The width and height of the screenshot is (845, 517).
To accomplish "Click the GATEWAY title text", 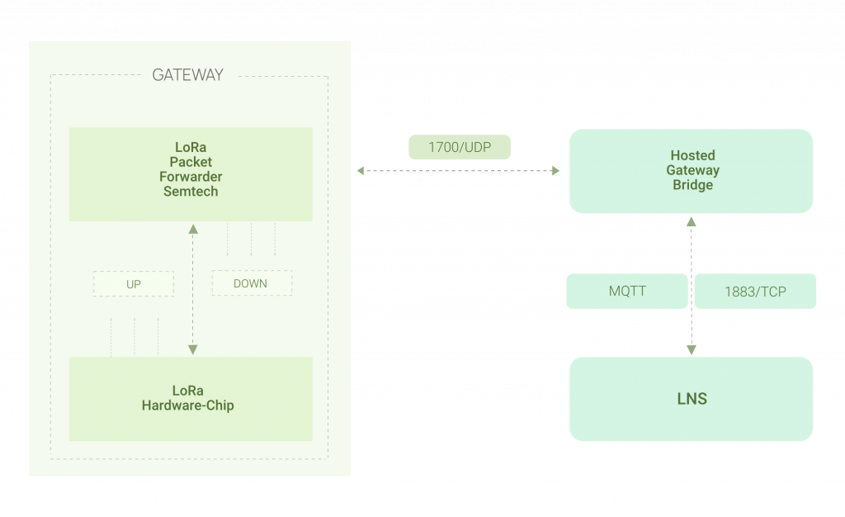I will [187, 75].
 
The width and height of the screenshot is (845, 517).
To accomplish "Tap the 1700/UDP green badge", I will [460, 148].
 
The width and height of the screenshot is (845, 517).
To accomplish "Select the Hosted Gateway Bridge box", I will [692, 171].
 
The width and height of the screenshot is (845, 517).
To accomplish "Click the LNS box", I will [692, 399].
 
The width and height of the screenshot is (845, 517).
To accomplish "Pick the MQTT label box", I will [626, 292].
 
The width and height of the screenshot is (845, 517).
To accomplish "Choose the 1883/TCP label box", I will [754, 292].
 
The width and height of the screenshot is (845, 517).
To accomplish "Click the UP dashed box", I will [134, 284].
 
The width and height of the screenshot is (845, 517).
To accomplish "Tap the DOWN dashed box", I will [251, 283].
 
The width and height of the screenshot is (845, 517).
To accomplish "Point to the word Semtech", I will [191, 191].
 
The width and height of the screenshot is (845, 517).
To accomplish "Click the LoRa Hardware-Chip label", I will [187, 398].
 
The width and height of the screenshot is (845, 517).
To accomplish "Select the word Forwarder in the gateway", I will [191, 176].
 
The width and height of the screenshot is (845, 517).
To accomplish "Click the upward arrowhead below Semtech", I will [193, 229].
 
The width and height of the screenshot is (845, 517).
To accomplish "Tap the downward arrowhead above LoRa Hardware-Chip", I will [193, 349].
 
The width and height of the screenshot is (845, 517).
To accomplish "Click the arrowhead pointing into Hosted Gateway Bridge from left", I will [555, 171].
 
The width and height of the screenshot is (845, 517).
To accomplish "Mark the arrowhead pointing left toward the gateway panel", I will [361, 171].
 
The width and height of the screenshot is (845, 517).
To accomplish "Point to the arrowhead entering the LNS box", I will [692, 350].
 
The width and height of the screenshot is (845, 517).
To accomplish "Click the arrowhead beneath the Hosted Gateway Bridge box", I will [692, 221].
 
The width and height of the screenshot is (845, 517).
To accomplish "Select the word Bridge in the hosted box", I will [692, 186].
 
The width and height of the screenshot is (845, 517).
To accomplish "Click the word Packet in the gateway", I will [191, 162].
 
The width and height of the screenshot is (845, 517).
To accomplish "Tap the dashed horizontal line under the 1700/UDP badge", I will [460, 171].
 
